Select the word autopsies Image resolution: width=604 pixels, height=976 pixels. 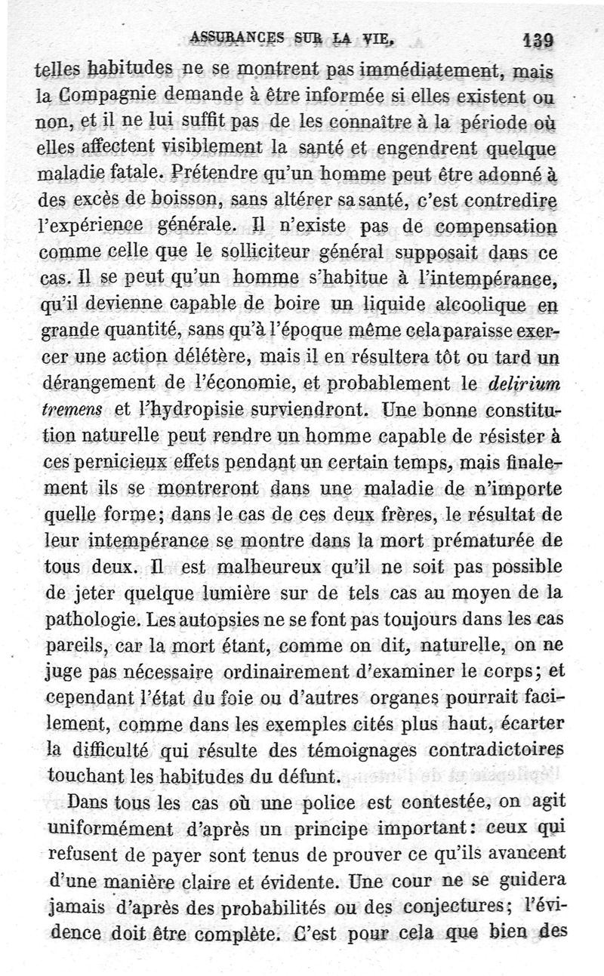click(x=219, y=620)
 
